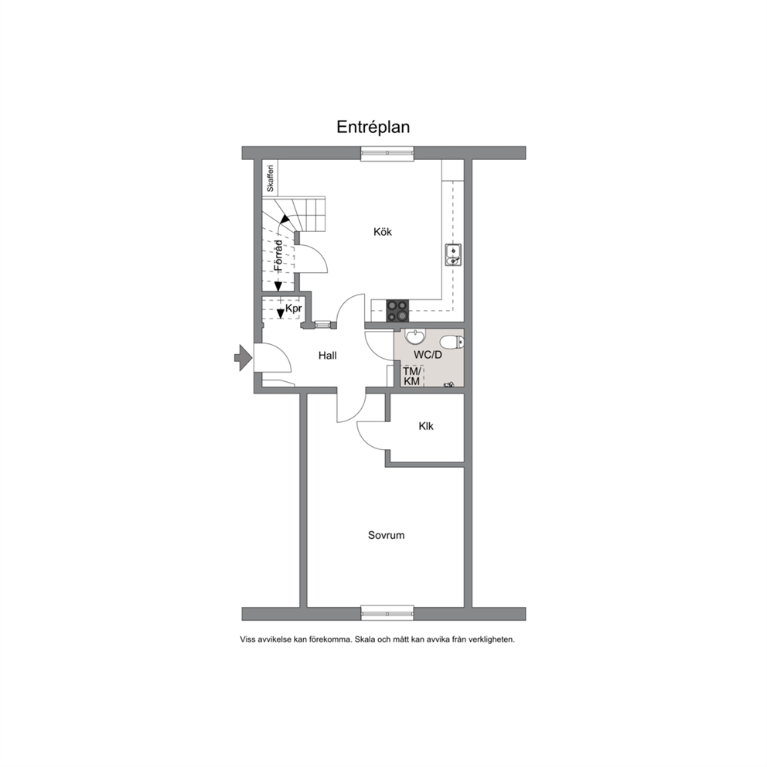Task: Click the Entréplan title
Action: [373, 127]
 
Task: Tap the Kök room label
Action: [383, 232]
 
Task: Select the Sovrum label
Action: [386, 535]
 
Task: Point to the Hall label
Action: [327, 356]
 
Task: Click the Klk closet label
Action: [426, 427]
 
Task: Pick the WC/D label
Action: [428, 355]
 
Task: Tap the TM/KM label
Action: [411, 377]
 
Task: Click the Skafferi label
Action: [270, 179]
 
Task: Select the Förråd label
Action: [278, 255]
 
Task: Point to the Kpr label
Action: [294, 309]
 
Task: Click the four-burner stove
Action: [397, 311]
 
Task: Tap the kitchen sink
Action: [453, 255]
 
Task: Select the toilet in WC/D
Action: [451, 342]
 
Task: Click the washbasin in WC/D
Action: [415, 337]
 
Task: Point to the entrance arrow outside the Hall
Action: [243, 357]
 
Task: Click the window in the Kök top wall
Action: [387, 153]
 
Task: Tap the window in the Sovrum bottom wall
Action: [387, 613]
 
